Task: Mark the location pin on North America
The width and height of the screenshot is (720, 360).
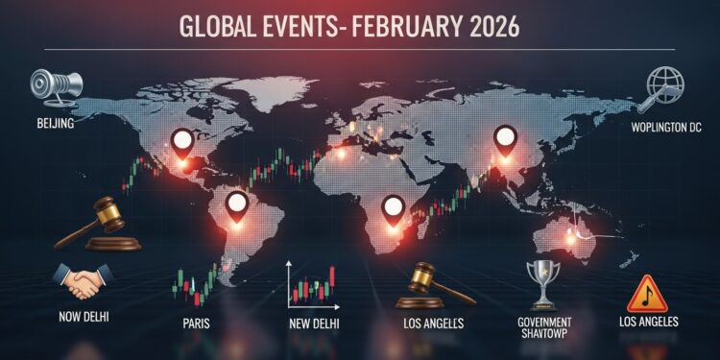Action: tap(181, 146)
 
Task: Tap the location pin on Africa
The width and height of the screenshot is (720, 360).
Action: tap(391, 208)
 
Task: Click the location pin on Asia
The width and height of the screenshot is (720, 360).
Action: tap(505, 141)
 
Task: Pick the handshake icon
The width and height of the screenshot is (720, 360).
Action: tap(80, 280)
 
